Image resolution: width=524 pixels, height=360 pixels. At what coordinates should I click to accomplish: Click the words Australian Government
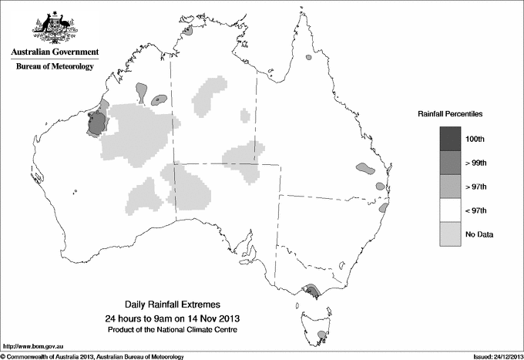pos(55,52)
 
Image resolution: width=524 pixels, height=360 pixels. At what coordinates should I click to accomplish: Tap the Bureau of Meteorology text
pos(55,66)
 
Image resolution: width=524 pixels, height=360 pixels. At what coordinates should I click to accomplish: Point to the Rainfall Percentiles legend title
pos(450,113)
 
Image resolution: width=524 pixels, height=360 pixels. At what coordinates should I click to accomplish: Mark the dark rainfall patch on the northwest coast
pos(96,122)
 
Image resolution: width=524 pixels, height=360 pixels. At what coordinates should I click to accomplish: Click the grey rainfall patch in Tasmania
pos(321,335)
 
